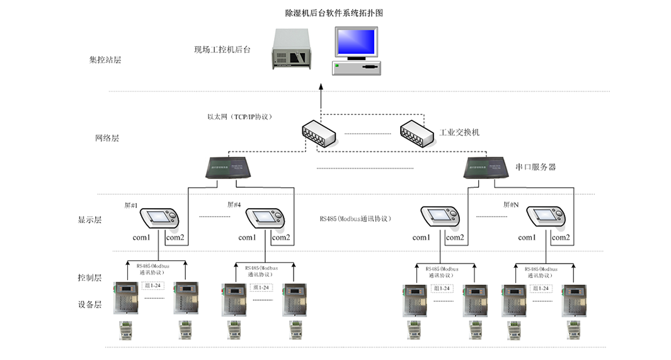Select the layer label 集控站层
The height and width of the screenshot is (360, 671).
105,61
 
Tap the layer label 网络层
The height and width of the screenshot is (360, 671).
106,138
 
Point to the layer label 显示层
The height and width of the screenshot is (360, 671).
89,220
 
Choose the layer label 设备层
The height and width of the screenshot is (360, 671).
89,305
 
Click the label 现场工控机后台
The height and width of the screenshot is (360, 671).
222,49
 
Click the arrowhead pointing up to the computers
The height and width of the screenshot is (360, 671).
320,87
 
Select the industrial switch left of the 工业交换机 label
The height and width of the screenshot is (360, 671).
417,132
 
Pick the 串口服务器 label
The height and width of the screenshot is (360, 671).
536,167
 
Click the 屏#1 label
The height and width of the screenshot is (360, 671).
130,205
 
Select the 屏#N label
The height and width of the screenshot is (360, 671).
510,205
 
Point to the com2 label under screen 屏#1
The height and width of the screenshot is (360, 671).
175,238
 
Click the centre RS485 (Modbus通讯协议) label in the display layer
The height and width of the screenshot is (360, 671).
355,219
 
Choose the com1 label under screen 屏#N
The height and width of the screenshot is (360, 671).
527,238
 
